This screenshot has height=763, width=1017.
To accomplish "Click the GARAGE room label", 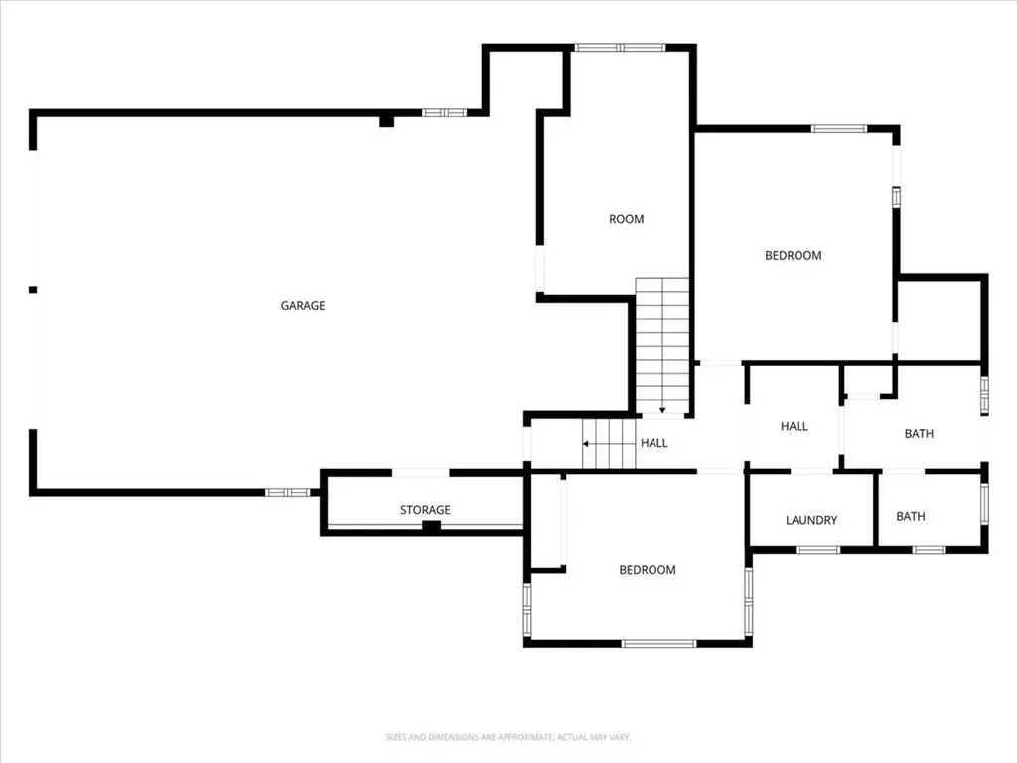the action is [303, 306].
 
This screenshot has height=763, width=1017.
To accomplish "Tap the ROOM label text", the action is [627, 219].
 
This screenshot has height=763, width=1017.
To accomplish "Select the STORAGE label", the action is [425, 510].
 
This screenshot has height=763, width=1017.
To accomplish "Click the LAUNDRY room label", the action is [811, 520].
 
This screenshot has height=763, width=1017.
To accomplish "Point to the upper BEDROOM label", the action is [794, 255].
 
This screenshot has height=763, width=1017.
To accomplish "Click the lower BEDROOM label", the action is [648, 570].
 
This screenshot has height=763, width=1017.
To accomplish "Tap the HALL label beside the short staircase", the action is [654, 443].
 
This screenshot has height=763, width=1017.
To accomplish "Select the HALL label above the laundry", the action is [795, 426].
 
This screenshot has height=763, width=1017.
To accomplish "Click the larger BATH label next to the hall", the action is [919, 434].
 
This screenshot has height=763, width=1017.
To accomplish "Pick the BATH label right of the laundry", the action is [911, 516].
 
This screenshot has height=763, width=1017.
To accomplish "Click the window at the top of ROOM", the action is [620, 48].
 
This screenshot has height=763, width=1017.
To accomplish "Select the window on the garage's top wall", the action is [444, 113].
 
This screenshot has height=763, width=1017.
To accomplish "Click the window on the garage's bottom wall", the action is [287, 493].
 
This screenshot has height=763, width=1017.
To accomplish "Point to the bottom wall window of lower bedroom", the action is [659, 644].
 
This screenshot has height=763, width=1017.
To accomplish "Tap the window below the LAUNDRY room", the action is [818, 550].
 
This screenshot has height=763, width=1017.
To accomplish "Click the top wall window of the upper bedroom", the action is [839, 128].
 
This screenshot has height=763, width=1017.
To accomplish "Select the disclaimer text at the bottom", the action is [508, 737].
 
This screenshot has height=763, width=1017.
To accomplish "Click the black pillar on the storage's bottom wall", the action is [431, 527].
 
